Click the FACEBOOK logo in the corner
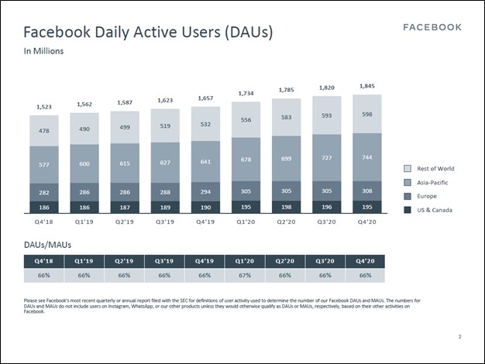point(432,27)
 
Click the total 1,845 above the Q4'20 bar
point(367,86)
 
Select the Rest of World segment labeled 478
point(45,130)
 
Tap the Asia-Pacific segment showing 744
point(367,157)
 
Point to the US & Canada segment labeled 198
point(287,207)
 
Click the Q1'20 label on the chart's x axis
point(246,221)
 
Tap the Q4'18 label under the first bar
point(45,221)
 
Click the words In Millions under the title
point(43,51)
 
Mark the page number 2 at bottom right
point(459,337)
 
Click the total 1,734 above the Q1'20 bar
point(246,93)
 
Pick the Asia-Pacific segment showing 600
point(85,163)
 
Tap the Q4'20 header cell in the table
point(366,260)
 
